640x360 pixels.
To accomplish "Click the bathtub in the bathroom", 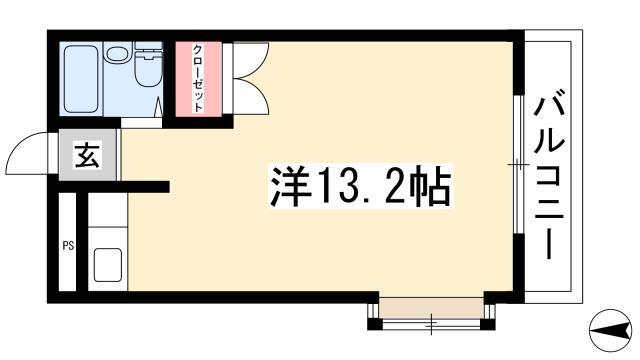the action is point(81,79).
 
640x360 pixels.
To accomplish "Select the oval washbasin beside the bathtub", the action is point(117,53).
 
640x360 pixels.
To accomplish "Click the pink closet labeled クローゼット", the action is point(199,79).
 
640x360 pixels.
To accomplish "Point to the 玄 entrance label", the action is point(87,155).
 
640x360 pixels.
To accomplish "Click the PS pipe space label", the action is point(68,246).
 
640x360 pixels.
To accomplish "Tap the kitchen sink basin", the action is point(108,264).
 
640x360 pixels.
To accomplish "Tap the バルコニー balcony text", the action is point(549,178).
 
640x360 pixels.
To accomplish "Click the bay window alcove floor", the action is point(431,308).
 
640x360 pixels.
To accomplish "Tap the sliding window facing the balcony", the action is point(518,164).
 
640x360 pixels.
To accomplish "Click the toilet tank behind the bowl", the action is point(149,51).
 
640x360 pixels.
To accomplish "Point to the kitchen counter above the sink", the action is point(108,209).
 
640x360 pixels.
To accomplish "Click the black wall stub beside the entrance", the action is point(114,187).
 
